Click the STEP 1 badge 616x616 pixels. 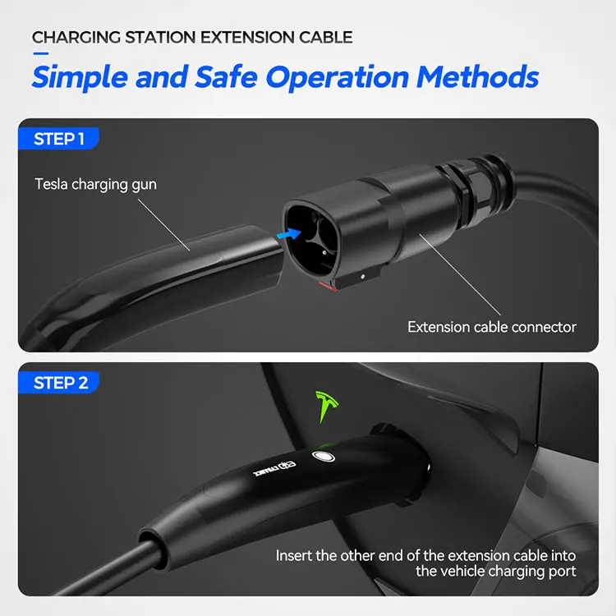58,139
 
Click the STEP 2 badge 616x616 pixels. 59,383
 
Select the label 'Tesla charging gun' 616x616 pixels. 95,184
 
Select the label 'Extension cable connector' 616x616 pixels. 491,327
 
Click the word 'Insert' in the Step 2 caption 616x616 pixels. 294,556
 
